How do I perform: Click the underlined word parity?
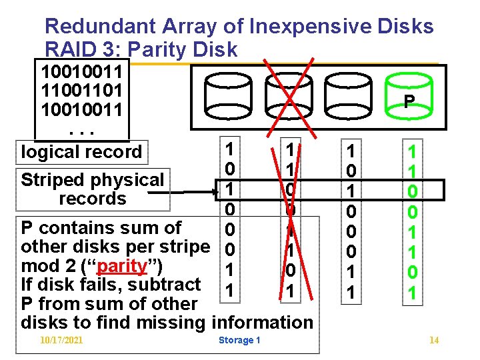click(x=121, y=266)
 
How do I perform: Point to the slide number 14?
click(x=434, y=341)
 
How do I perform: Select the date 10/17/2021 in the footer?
click(x=61, y=341)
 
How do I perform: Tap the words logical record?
click(x=82, y=151)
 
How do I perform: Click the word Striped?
click(x=51, y=180)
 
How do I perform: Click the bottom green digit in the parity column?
click(x=412, y=292)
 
